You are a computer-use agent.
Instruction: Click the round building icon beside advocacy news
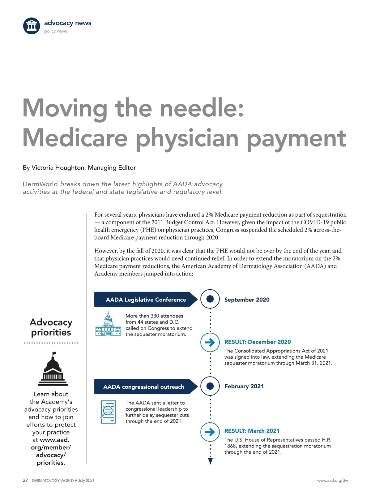pyautogui.click(x=32, y=26)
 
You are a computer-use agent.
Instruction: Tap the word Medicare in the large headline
pyautogui.click(x=75, y=138)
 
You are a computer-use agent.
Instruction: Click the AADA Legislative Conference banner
pyautogui.click(x=146, y=300)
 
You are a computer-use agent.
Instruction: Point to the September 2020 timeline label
pyautogui.click(x=247, y=300)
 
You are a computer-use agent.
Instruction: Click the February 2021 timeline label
pyautogui.click(x=244, y=386)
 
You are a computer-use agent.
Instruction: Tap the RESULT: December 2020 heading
pyautogui.click(x=258, y=342)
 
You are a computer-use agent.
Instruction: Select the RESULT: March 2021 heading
pyautogui.click(x=252, y=431)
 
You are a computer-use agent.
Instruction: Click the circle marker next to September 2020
pyautogui.click(x=210, y=299)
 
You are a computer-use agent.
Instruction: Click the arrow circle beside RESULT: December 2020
pyautogui.click(x=210, y=342)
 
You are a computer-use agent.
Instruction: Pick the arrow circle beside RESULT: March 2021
pyautogui.click(x=210, y=432)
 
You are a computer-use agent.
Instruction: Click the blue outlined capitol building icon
pyautogui.click(x=108, y=324)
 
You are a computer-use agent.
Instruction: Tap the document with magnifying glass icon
pyautogui.click(x=108, y=412)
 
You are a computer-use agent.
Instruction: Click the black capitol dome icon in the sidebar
pyautogui.click(x=53, y=369)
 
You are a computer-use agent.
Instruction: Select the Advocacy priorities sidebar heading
pyautogui.click(x=51, y=327)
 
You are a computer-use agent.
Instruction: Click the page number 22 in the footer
pyautogui.click(x=25, y=481)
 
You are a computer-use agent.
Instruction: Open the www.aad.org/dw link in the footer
pyautogui.click(x=332, y=481)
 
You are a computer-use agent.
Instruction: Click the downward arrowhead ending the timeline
pyautogui.click(x=211, y=461)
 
